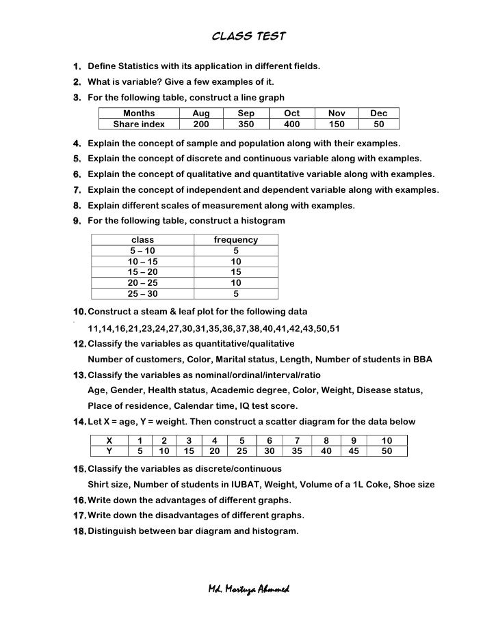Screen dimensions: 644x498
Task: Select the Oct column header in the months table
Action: [291, 113]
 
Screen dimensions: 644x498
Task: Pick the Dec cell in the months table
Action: [378, 113]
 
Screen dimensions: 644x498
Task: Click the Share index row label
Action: [139, 124]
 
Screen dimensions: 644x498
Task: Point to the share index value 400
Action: [291, 124]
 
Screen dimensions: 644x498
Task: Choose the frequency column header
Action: [236, 240]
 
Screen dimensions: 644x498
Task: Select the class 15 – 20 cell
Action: [142, 272]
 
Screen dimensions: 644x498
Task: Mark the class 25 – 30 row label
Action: [142, 294]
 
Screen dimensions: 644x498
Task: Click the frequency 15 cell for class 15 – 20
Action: [236, 272]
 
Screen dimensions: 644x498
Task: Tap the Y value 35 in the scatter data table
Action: [297, 451]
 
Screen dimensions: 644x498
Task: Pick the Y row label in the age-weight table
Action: [109, 451]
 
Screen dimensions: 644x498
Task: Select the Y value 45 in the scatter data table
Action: [354, 451]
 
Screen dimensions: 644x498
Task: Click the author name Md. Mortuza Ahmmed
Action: [248, 590]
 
